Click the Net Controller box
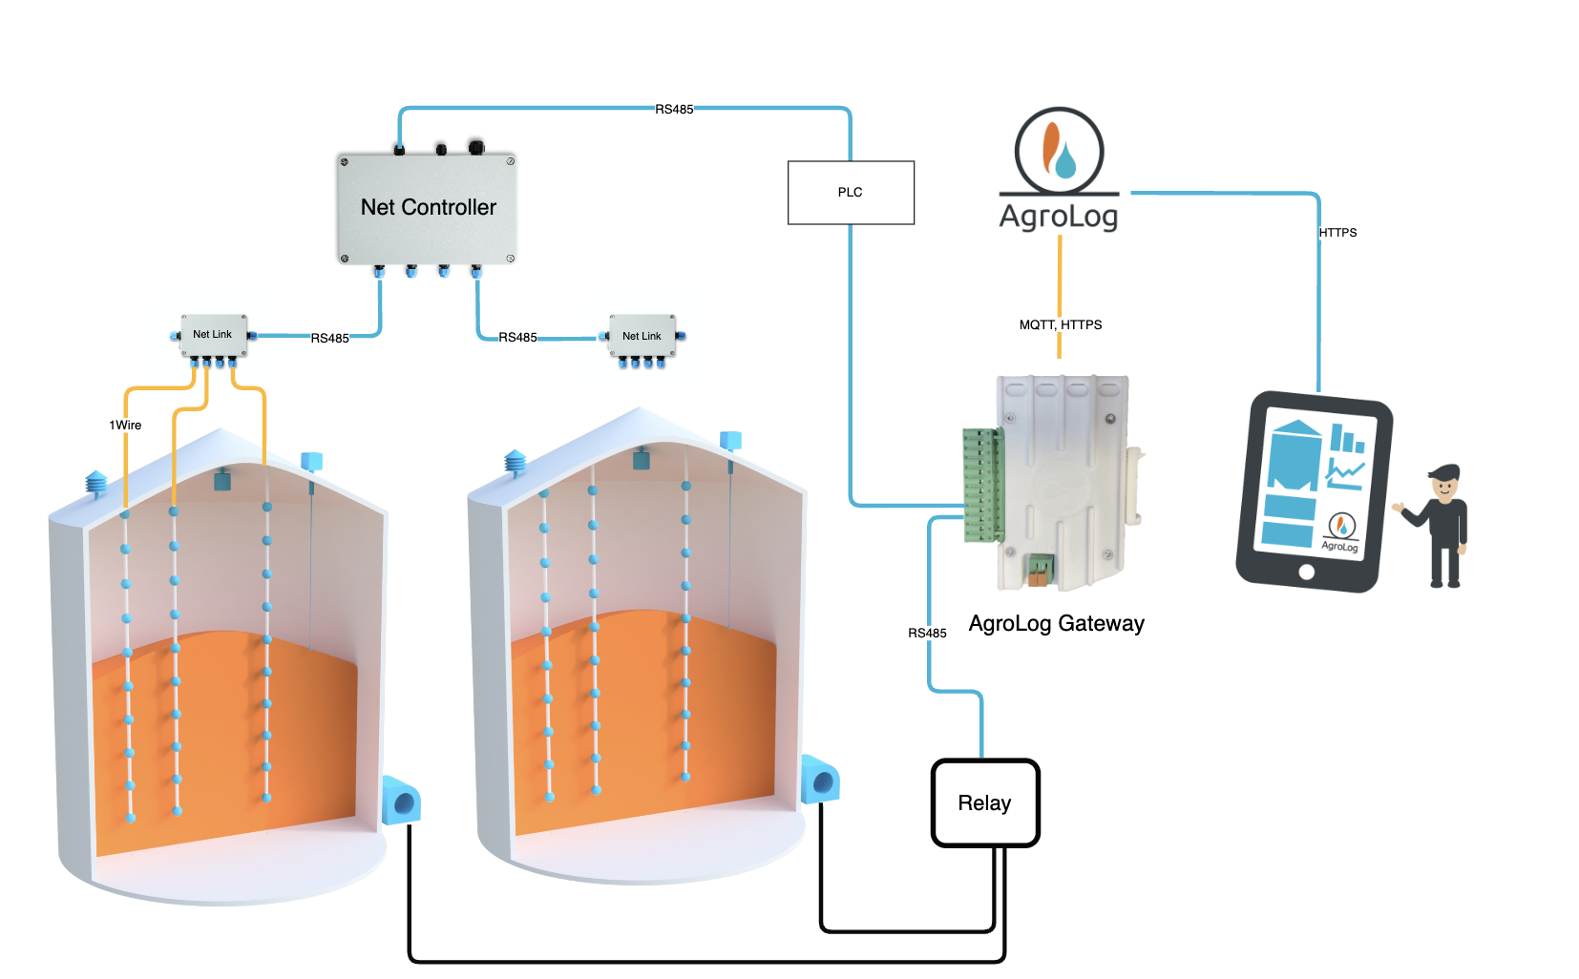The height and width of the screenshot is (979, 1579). (x=427, y=208)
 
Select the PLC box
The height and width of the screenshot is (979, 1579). (x=850, y=193)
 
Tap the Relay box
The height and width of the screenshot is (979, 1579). (x=984, y=802)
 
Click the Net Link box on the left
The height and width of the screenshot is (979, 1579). (x=213, y=335)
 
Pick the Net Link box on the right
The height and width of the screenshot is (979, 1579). (x=642, y=337)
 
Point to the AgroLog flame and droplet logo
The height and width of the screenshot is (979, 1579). (x=1059, y=151)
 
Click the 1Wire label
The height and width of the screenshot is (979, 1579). (x=125, y=426)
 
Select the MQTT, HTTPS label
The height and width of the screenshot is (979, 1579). (x=1060, y=325)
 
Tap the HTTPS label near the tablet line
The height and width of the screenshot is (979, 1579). (x=1337, y=233)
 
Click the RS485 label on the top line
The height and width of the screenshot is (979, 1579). (x=674, y=110)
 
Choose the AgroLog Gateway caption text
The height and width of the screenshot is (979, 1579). (x=1056, y=624)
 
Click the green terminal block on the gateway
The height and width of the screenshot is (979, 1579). (x=982, y=485)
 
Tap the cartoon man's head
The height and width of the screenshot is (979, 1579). (x=1444, y=482)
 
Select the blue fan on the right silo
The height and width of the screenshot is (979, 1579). (x=820, y=780)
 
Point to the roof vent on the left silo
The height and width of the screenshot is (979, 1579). (x=96, y=483)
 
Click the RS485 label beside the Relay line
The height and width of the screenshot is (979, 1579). (x=927, y=634)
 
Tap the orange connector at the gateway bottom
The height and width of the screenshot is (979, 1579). (x=1038, y=571)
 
